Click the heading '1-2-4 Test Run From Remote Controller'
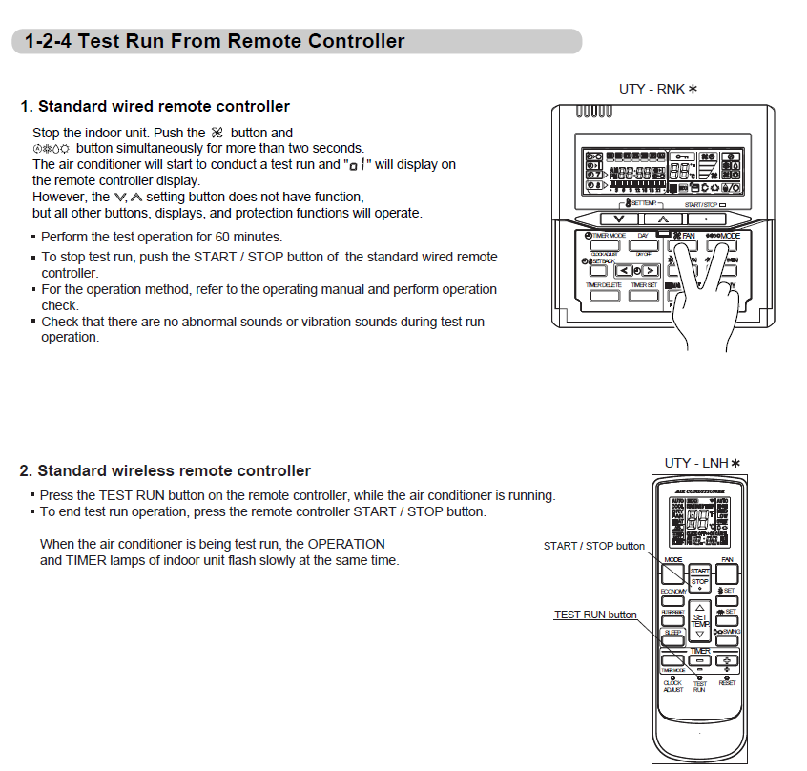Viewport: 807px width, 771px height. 215,41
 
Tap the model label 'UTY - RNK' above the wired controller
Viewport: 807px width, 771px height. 658,89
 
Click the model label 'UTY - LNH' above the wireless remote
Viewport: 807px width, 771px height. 702,463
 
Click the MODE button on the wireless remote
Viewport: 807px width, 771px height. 673,573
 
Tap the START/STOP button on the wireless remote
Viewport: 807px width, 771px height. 700,576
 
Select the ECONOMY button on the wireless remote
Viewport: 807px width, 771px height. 672,600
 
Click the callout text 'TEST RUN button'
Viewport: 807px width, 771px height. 595,615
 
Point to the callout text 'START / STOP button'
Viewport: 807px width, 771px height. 593,546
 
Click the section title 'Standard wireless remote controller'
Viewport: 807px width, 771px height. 164,470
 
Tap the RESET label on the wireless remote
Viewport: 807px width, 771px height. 727,683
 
